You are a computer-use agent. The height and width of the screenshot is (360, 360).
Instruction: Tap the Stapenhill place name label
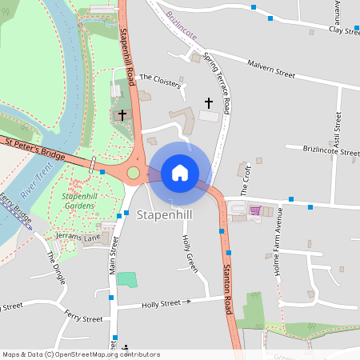(164, 215)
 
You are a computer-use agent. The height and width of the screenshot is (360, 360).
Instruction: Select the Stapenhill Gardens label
(78, 200)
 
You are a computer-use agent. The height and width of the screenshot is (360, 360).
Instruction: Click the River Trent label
(32, 180)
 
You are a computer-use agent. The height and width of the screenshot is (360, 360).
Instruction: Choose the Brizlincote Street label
(322, 150)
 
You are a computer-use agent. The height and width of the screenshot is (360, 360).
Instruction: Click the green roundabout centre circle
(133, 173)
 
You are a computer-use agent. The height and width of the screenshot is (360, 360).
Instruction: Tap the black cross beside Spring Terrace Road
(210, 102)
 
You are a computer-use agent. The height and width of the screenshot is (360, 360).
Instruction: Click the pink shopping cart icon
(255, 210)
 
